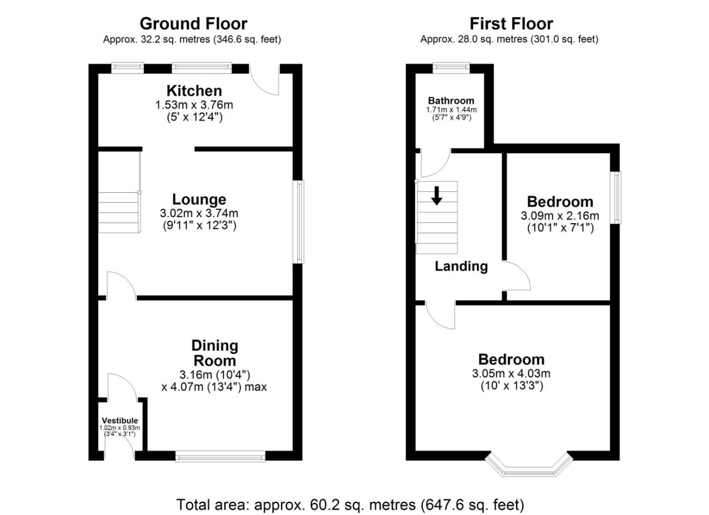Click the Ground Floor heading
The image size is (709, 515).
(x=193, y=24)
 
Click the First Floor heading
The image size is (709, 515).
(x=511, y=24)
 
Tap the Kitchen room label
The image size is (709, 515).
(x=194, y=91)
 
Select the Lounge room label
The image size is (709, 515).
(x=199, y=199)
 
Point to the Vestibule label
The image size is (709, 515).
(x=120, y=421)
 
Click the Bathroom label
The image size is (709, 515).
(x=451, y=101)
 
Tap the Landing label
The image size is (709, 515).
(x=461, y=267)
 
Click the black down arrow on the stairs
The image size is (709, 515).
(x=437, y=196)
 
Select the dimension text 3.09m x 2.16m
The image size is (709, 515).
(x=560, y=216)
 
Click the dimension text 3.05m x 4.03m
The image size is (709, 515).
(x=511, y=373)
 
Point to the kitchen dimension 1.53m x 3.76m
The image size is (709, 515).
(x=194, y=105)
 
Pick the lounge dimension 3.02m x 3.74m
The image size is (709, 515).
(x=199, y=213)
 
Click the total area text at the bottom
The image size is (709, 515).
(x=350, y=505)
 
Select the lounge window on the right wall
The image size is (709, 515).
(x=298, y=222)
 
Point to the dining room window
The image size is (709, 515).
(x=220, y=456)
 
